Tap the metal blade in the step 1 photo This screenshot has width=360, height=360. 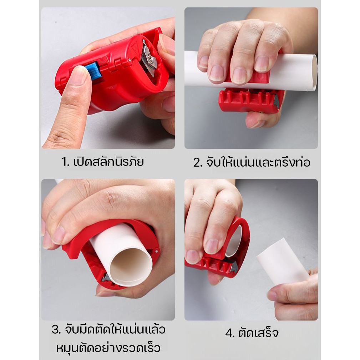pyautogui.click(x=148, y=59)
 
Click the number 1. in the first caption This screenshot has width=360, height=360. pyautogui.click(x=65, y=162)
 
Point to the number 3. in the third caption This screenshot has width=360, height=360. pyautogui.click(x=56, y=330)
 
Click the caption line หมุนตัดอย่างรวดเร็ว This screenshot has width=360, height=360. pyautogui.click(x=108, y=348)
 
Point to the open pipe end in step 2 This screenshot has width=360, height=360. pyautogui.click(x=314, y=72)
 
